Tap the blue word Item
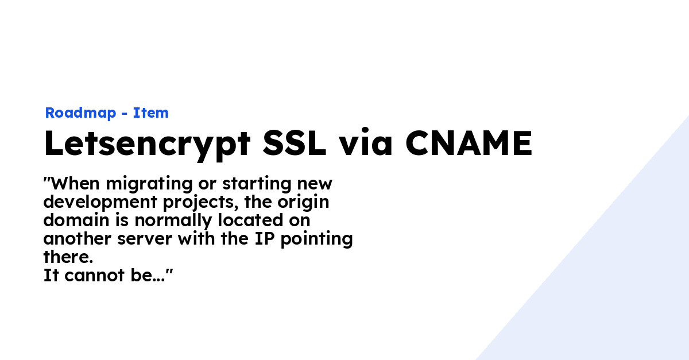(x=151, y=113)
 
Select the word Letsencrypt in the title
(x=146, y=145)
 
